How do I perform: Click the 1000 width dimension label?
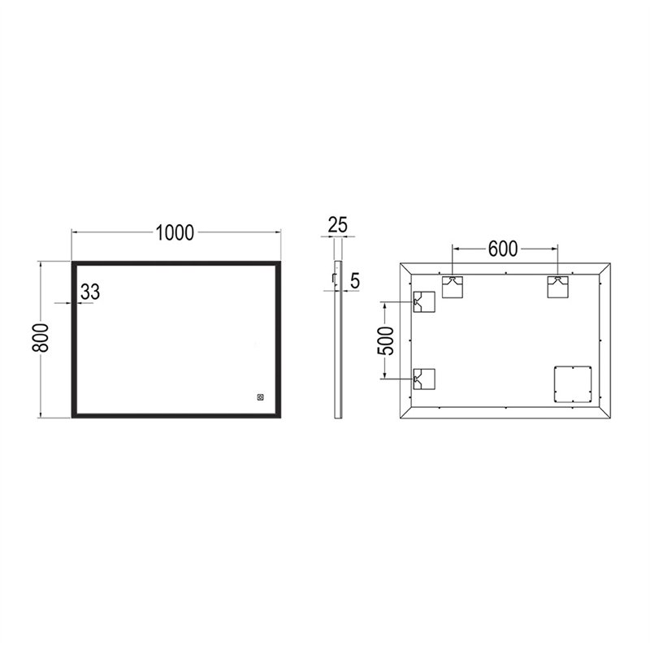[x=175, y=233]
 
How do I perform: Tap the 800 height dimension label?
[x=41, y=338]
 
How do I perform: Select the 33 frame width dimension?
[x=90, y=292]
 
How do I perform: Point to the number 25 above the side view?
[x=338, y=225]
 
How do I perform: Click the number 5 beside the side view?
[x=355, y=281]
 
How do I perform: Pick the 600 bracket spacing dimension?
[x=503, y=249]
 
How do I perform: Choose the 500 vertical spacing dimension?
[x=386, y=340]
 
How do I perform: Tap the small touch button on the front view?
[x=260, y=397]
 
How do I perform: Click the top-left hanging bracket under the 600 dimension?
[x=453, y=287]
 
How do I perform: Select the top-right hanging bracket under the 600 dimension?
[x=558, y=287]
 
